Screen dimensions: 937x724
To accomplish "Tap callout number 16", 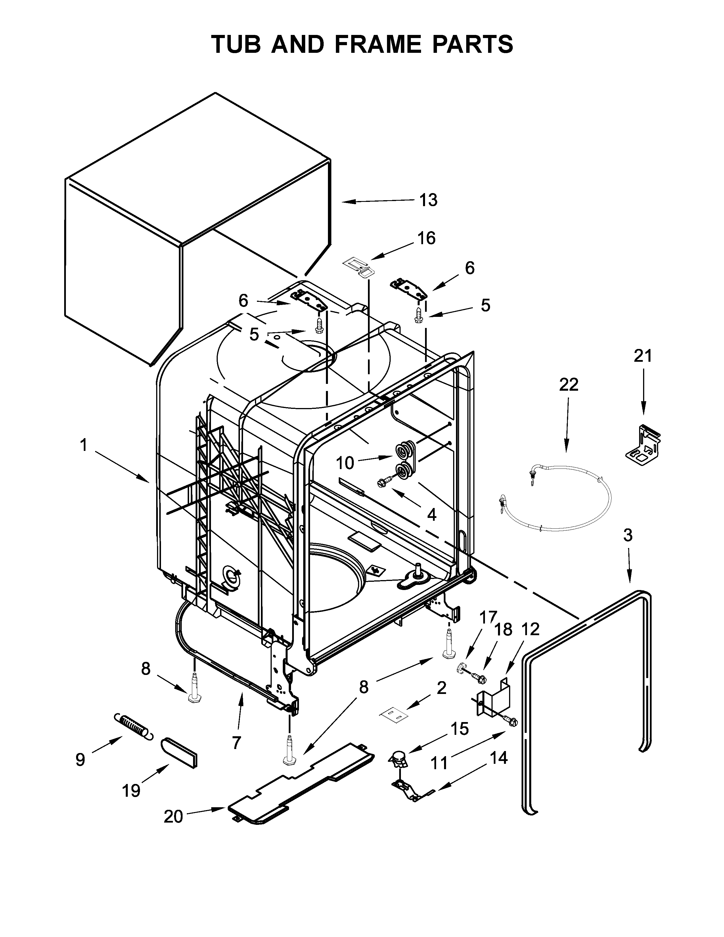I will [426, 238].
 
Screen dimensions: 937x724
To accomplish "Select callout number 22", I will [568, 384].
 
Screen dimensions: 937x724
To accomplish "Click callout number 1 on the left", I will [84, 445].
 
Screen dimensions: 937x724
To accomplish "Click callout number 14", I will [498, 758].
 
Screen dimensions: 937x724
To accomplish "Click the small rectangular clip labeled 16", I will [358, 266].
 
